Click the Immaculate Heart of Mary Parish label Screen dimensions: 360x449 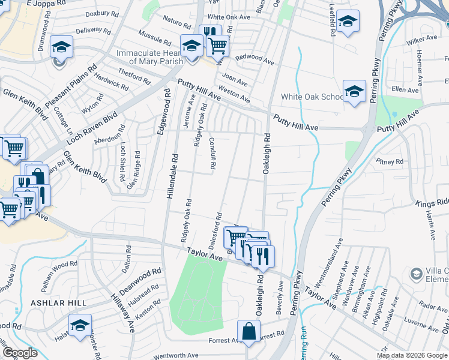click(x=151, y=58)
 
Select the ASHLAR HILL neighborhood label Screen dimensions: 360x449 click(x=59, y=303)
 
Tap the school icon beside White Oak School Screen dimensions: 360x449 click(x=354, y=91)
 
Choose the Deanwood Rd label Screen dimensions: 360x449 click(x=141, y=278)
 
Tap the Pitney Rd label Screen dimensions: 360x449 click(x=390, y=161)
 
